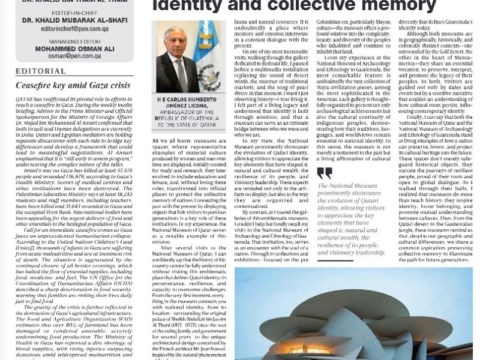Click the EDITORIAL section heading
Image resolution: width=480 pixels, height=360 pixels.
click(x=40, y=71)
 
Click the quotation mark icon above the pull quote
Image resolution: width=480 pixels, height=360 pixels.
click(x=324, y=174)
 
